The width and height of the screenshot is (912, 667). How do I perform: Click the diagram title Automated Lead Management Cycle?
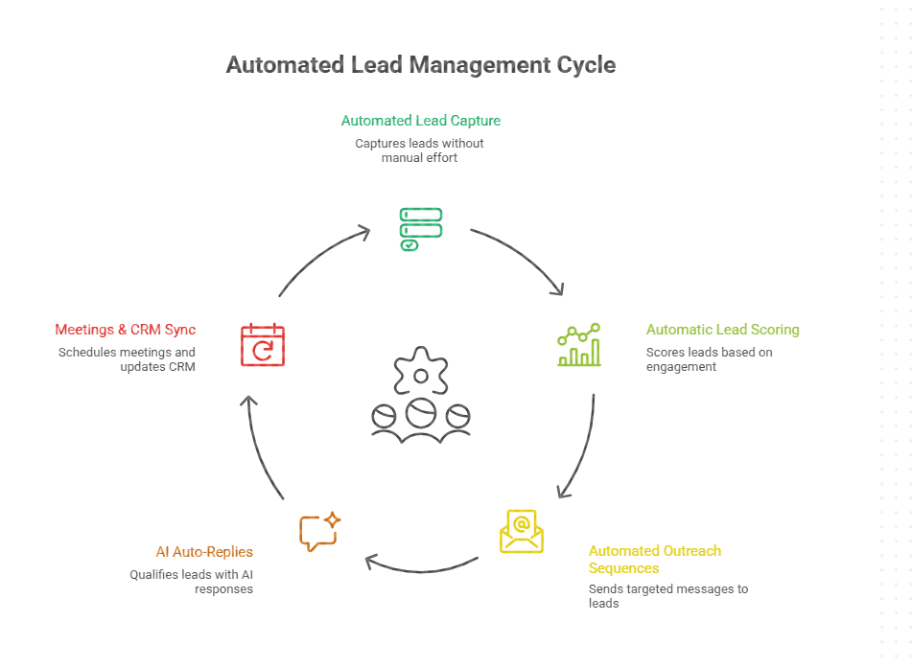[420, 65]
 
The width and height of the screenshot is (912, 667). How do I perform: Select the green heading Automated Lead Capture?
[420, 121]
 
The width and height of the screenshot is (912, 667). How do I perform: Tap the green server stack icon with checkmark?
[420, 229]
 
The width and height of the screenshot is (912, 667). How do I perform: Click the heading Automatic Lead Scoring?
[722, 330]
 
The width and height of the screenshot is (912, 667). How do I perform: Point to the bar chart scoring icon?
[579, 345]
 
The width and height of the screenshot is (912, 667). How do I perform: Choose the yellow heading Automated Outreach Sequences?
[654, 560]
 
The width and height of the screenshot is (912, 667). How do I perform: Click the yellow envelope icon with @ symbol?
[522, 531]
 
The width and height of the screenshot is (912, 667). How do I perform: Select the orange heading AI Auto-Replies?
[204, 552]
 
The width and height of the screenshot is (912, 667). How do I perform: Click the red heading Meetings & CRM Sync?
[125, 330]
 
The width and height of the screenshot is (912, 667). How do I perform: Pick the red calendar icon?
[262, 345]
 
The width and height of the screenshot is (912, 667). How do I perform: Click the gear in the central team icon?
[420, 372]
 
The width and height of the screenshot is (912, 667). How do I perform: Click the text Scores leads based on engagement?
[709, 359]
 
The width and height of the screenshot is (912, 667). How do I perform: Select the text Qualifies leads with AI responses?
[191, 582]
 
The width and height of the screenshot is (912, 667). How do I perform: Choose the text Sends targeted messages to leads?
[667, 596]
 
